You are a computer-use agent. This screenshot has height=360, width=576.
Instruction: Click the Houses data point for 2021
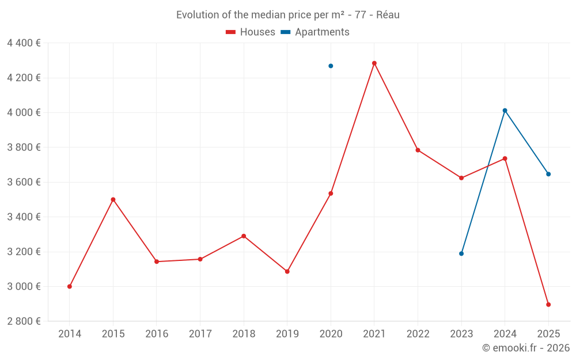[x=374, y=63]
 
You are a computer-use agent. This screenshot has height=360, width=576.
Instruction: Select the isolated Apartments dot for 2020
[x=331, y=66]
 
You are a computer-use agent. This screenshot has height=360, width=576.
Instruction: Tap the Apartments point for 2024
[x=505, y=111]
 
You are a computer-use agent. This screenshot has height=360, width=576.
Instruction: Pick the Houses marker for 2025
[x=548, y=305]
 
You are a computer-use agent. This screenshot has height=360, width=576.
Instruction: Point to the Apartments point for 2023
[x=461, y=253]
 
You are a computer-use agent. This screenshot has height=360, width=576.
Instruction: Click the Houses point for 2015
[x=113, y=199]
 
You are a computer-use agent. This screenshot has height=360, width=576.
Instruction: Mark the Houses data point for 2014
[x=70, y=286]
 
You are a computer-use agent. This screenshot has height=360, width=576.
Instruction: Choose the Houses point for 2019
[x=287, y=271]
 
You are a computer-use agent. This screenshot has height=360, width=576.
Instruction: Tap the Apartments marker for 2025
[x=548, y=174]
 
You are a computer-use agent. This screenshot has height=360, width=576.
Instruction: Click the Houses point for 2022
[x=418, y=150]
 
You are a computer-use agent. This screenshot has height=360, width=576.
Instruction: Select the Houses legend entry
[x=251, y=32]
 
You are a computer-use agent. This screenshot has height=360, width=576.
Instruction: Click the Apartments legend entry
[x=315, y=32]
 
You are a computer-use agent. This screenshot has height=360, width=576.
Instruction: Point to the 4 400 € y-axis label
[x=24, y=43]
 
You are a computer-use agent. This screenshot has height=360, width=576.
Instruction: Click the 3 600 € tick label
[x=24, y=182]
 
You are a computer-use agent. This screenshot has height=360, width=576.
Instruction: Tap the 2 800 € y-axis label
[x=24, y=321]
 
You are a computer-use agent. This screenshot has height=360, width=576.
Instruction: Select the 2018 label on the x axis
[x=244, y=334]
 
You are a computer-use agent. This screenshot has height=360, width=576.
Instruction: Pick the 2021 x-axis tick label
[x=374, y=334]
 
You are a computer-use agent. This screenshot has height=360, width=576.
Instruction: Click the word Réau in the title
[x=388, y=15]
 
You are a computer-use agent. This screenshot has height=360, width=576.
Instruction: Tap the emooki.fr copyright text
[x=526, y=348]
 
